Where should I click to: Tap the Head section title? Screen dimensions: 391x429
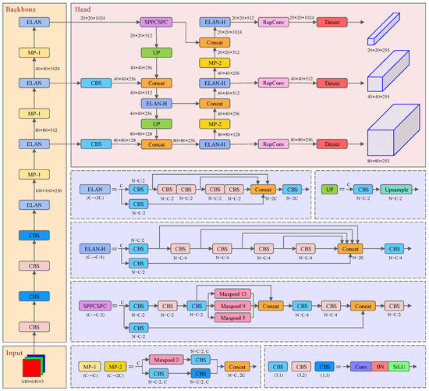[82, 7]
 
